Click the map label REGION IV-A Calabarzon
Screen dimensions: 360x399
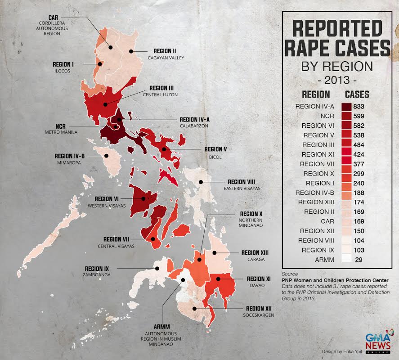pos(194,122)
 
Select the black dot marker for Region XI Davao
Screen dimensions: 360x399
pos(219,279)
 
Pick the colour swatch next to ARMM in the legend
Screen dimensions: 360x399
pos(346,259)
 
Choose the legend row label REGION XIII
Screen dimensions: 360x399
pos(316,202)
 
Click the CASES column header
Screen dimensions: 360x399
pos(357,95)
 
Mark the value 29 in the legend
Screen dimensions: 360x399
pos(359,260)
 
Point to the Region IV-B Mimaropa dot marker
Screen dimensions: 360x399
pos(107,156)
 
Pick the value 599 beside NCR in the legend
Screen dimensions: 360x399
pos(359,116)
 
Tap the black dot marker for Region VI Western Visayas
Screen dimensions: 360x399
pos(143,198)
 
